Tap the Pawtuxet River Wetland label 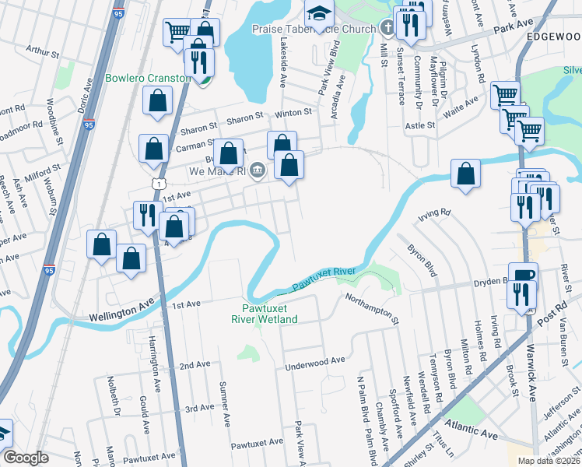265,314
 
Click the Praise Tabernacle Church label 314,29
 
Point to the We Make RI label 217,170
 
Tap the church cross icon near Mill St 389,29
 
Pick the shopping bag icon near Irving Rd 465,174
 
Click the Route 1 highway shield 159,183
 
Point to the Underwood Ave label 314,361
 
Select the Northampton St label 372,309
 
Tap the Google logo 26,458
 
